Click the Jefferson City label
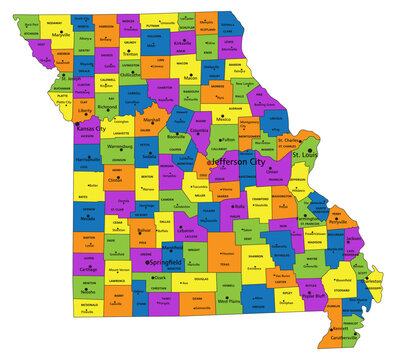tap(242, 159)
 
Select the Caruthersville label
tap(351, 338)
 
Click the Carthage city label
tap(88, 269)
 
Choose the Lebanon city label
tap(186, 229)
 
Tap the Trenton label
tap(130, 53)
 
